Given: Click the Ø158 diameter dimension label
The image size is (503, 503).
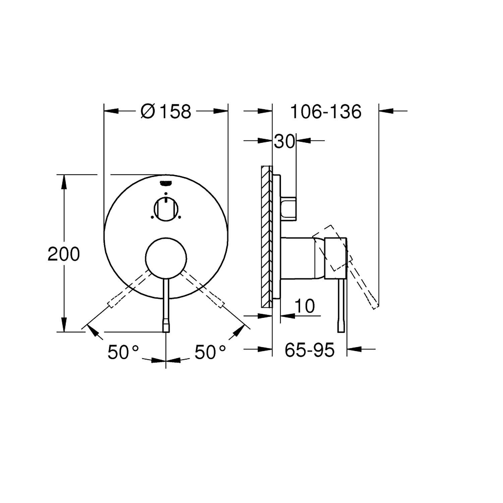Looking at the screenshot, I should coord(166,111).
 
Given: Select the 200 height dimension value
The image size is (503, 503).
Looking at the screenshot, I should coord(63,254).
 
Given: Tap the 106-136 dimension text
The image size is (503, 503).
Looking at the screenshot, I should coord(326,111).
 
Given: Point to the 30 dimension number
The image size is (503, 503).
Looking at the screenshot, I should coord(284,142).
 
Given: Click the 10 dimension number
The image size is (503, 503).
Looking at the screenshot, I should coord(304,306).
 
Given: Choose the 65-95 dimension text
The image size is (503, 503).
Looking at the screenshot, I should coord(310,350).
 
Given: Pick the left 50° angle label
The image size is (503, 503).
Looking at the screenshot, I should coord(123,352).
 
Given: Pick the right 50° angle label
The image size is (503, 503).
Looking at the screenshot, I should coord(210,352).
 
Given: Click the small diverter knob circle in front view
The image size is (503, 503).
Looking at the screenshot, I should coord(166,210).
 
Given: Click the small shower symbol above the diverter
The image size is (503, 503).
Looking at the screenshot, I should coord(166,183).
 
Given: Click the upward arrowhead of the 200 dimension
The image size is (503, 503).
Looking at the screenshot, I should coord(63,181).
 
